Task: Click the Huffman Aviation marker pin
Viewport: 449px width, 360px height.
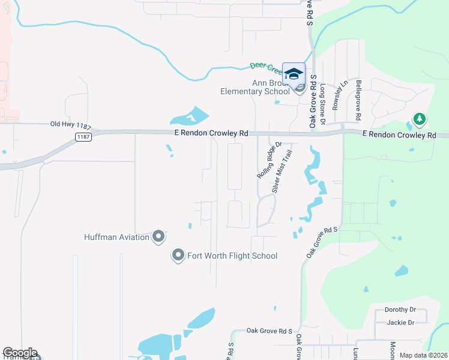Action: (158, 237)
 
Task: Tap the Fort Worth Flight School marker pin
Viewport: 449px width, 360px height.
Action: (178, 256)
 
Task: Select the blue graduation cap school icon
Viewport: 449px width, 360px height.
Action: (294, 74)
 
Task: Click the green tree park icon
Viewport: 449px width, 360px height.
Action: (419, 119)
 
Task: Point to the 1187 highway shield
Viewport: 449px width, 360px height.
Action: (83, 137)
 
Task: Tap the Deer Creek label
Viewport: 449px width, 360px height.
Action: (265, 66)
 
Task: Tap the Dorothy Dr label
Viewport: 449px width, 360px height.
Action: (399, 310)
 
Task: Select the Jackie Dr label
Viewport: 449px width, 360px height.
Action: (402, 323)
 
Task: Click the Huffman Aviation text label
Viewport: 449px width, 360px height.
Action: (116, 237)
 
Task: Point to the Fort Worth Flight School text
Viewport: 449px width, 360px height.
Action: (232, 256)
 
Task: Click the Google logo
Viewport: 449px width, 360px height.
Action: (20, 353)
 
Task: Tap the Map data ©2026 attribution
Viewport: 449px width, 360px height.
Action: (423, 355)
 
